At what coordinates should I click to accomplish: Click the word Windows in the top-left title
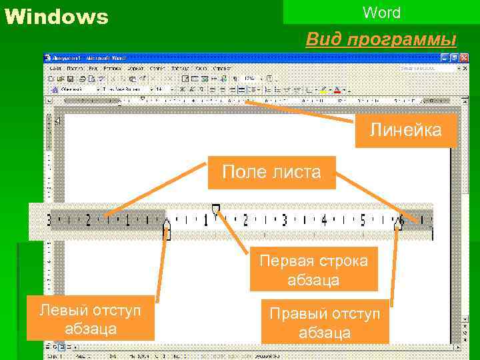[56, 17]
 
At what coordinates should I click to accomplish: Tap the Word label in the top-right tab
[381, 13]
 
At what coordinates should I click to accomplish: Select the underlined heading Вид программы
[381, 39]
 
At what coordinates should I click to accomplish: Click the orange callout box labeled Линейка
[406, 130]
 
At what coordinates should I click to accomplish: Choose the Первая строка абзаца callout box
[313, 269]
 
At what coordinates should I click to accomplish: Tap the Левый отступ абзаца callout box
[91, 319]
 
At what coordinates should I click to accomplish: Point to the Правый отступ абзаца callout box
[324, 322]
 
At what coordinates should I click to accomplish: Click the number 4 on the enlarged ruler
[324, 219]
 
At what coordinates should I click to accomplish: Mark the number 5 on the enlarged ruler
[363, 219]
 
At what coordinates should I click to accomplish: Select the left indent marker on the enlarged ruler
[167, 231]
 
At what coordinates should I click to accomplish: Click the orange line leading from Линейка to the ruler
[300, 113]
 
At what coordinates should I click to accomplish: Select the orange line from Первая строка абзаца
[237, 230]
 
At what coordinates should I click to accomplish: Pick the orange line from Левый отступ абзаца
[159, 267]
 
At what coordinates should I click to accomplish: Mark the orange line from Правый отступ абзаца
[393, 267]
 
